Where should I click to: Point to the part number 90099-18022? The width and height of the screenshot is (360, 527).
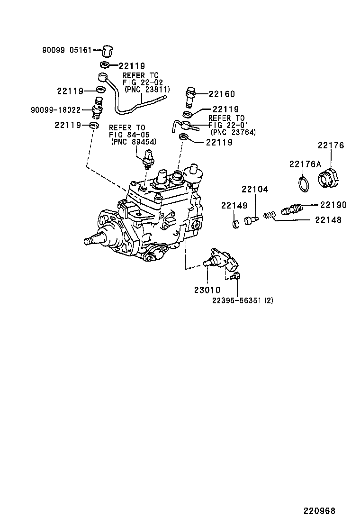[x=59, y=110]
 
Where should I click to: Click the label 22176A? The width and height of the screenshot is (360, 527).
[x=306, y=164]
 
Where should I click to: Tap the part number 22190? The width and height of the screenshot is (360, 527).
[x=333, y=205]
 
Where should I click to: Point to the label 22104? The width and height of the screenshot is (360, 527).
[x=255, y=190]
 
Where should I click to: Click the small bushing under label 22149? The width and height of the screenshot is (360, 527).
[x=235, y=223]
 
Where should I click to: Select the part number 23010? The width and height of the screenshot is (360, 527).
[x=207, y=289]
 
